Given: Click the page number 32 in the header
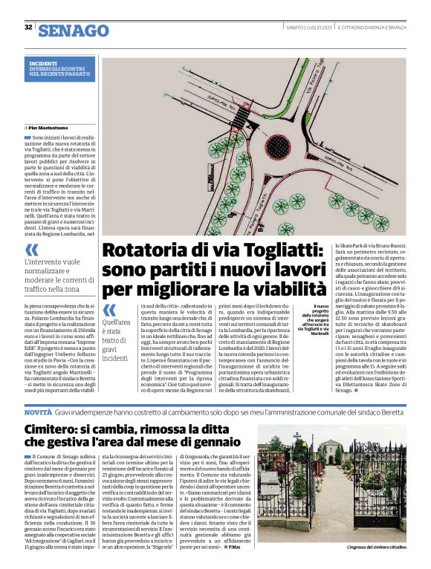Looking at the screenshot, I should click(x=28, y=27).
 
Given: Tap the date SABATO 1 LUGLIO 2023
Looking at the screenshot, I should click(x=308, y=27).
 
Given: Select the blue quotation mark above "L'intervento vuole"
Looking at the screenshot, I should click(x=32, y=250).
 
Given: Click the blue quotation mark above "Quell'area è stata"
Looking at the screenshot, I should click(x=109, y=310).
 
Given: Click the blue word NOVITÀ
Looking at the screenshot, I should click(x=38, y=411).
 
